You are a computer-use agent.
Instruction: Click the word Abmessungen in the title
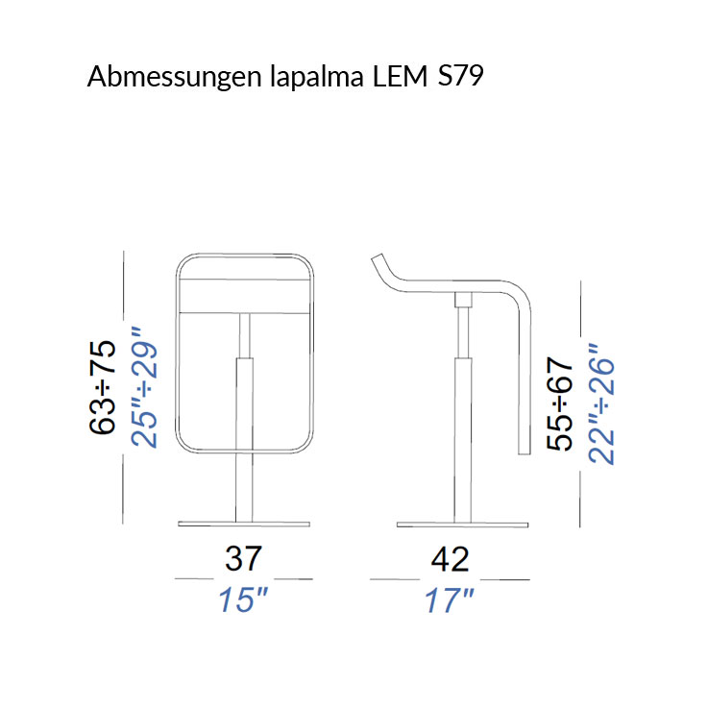(x=169, y=78)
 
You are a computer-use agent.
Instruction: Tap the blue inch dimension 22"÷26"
(x=601, y=404)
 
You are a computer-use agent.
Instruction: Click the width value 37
(x=244, y=558)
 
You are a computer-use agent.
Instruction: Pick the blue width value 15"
(x=242, y=600)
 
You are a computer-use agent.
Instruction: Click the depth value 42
(x=450, y=558)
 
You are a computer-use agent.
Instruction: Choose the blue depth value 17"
(x=450, y=600)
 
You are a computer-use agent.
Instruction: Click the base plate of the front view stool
(x=244, y=524)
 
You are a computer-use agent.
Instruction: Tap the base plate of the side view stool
(x=462, y=524)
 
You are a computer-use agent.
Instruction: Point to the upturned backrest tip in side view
(x=378, y=263)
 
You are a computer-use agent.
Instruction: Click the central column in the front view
(x=244, y=423)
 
